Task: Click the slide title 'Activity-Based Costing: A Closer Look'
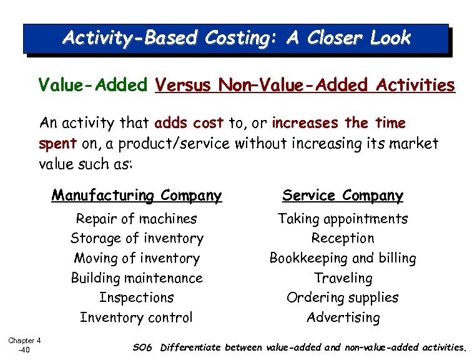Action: point(237,38)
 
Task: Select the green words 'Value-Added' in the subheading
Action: point(93,85)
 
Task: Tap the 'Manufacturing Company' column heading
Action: point(137,196)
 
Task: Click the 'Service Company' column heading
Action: point(343,196)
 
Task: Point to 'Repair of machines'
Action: point(136,219)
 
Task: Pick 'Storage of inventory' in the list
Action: point(137,238)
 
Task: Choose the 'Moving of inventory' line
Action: point(137,258)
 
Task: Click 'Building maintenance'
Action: point(137,278)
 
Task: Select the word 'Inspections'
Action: point(137,297)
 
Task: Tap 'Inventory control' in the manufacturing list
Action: point(137,317)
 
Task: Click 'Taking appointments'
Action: point(343,219)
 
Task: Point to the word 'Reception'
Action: point(343,238)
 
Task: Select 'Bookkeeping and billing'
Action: point(343,258)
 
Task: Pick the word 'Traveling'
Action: point(343,278)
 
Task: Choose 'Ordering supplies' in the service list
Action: point(343,297)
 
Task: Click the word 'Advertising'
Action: point(343,317)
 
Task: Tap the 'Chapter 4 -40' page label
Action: point(24,344)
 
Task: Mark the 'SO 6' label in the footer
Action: point(143,347)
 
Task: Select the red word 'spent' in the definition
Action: point(57,144)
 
